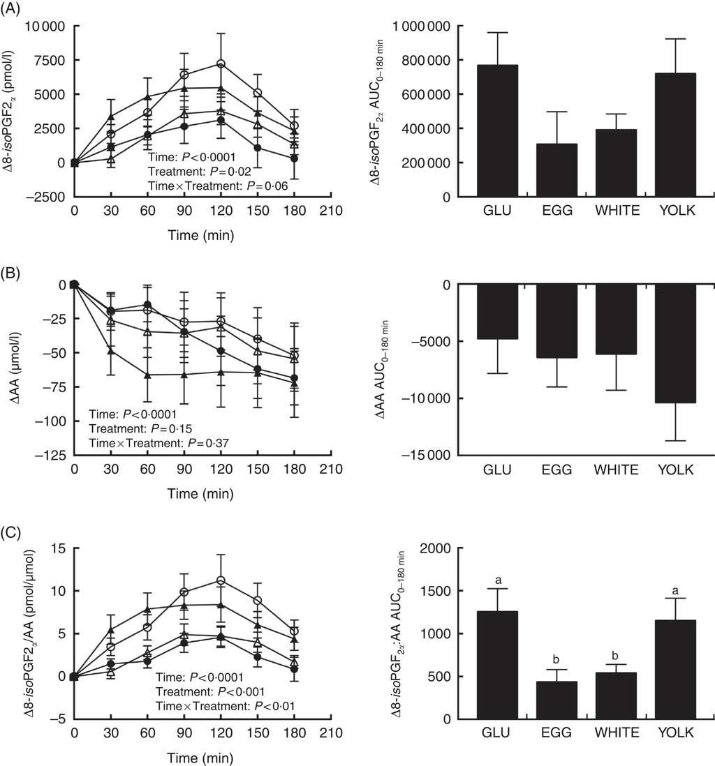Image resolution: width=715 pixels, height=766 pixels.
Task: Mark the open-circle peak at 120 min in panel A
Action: coord(221,63)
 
